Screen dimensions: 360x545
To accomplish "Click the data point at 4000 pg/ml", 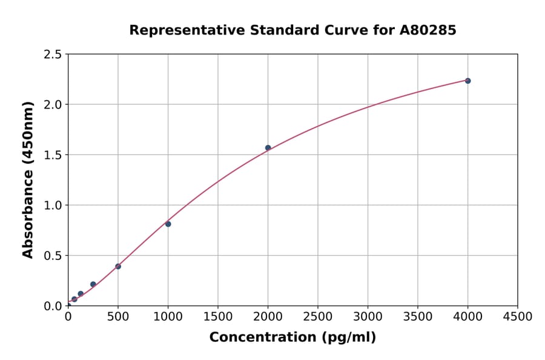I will (467, 81).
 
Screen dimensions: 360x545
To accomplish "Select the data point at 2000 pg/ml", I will (268, 148).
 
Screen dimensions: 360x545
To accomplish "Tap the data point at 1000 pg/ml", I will (168, 224).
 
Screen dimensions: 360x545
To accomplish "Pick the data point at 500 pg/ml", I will (118, 266).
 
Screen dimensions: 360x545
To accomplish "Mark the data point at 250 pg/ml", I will (93, 284).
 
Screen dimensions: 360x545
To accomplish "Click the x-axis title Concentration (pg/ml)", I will (292, 338).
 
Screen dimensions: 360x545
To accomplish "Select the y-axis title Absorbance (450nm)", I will (28, 179).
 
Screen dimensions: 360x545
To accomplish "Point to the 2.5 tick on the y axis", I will (53, 55).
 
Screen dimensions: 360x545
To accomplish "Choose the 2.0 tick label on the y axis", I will (53, 105).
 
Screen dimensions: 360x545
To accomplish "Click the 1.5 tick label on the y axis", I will (53, 155).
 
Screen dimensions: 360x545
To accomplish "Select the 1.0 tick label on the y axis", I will (53, 205).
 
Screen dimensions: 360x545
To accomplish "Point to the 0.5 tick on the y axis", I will (53, 256).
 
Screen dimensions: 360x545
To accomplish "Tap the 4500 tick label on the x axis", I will (518, 317).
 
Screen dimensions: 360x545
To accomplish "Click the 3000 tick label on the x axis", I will (368, 317).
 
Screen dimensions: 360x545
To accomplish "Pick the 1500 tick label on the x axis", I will (218, 317).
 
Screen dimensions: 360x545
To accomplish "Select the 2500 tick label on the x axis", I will (318, 317).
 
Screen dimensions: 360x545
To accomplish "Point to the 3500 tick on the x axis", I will (418, 317).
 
